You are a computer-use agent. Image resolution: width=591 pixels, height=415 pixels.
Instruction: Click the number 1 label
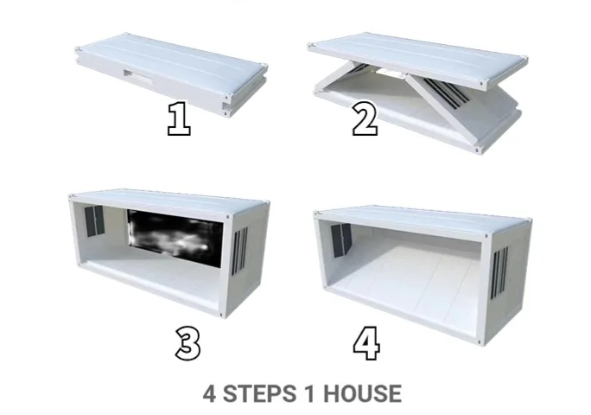pos(179,118)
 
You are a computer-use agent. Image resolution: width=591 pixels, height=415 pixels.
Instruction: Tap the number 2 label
pos(364,118)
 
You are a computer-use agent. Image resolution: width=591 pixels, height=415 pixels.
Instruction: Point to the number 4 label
pos(366,342)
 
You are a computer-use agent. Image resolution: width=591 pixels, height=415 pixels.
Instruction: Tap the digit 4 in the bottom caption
pos(210,394)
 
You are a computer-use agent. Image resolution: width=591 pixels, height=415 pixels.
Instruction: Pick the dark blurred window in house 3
pos(177,235)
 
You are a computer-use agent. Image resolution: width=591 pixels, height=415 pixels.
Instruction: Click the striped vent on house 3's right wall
pos(241,253)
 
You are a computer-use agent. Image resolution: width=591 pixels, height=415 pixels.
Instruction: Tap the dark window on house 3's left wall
pos(94,222)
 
